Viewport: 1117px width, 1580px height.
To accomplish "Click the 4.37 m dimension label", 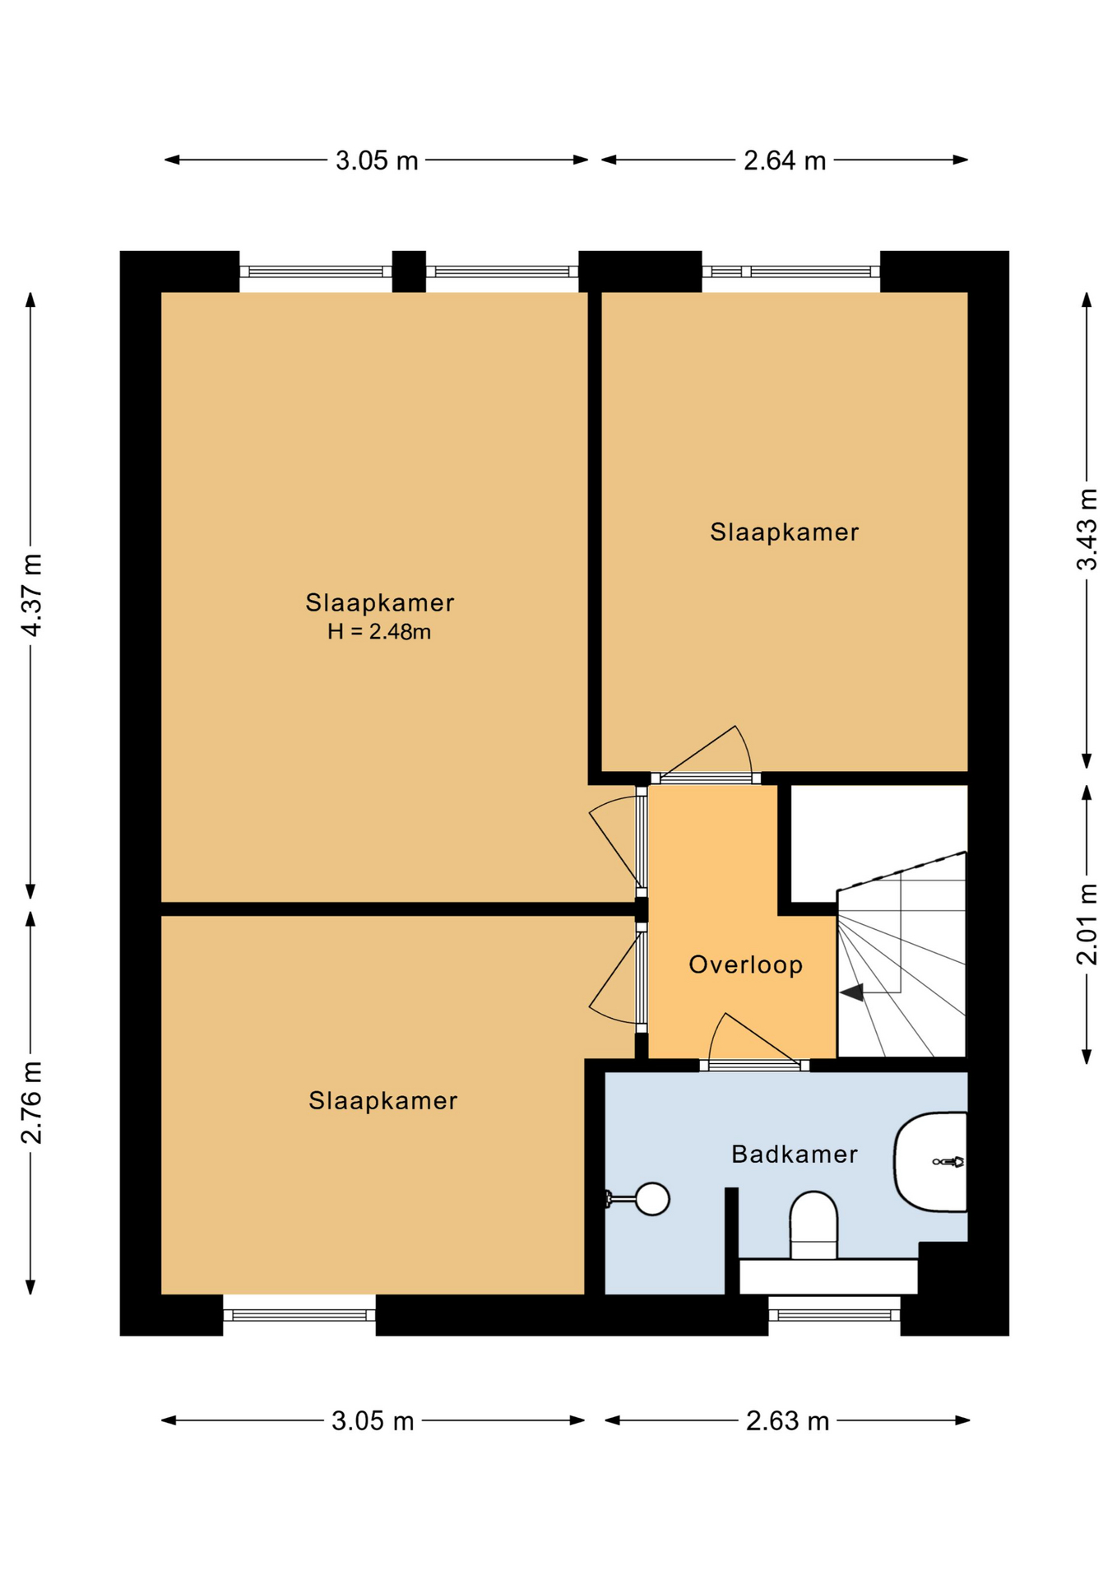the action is click(32, 594).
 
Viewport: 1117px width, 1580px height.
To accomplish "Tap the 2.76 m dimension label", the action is click(32, 1103).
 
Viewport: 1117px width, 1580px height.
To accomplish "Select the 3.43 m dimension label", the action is click(1087, 529).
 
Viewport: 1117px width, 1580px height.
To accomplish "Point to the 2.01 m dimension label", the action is click(1087, 923).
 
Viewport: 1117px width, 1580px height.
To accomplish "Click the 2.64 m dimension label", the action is click(785, 160).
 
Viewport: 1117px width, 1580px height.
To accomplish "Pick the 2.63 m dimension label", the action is click(787, 1421).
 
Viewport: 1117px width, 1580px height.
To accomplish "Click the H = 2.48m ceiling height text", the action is click(379, 632).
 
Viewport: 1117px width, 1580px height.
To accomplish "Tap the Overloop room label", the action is click(745, 964).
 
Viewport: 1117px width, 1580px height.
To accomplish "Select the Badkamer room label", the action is click(795, 1154).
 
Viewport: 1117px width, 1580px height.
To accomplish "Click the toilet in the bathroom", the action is click(813, 1225).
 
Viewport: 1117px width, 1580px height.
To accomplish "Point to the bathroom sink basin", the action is click(930, 1162).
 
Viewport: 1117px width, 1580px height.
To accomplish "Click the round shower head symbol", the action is click(652, 1199).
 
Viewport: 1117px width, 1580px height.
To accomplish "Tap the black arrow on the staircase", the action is click(851, 992).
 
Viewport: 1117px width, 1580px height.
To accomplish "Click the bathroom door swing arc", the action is click(714, 1033).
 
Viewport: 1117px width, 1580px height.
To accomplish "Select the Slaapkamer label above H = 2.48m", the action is click(380, 602).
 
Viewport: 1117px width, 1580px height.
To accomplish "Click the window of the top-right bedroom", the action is click(791, 272).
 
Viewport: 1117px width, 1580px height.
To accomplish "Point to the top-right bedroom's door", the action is click(706, 778).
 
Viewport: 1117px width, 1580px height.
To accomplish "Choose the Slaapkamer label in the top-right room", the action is click(785, 532).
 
